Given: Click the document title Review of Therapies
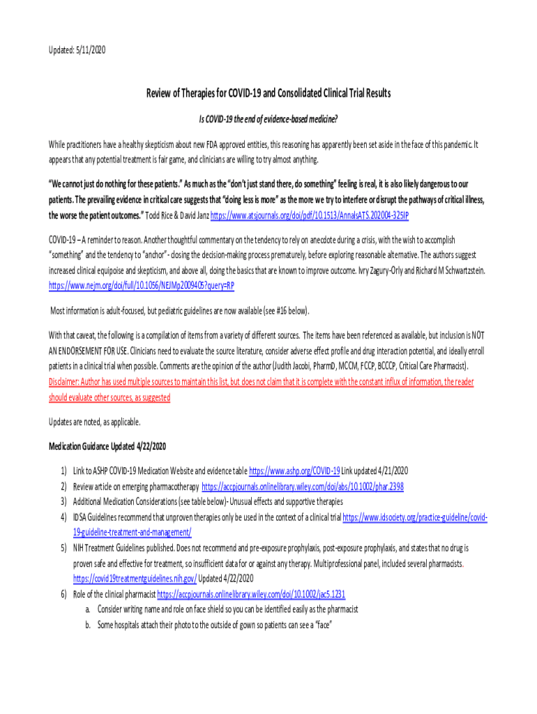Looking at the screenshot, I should (x=268, y=93).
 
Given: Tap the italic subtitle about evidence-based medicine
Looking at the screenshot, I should (x=268, y=119).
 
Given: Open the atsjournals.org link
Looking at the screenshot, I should (x=310, y=215).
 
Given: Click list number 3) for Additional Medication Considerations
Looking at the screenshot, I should (x=63, y=502).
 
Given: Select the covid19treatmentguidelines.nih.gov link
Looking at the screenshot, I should (x=135, y=579).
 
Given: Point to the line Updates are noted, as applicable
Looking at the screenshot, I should (x=94, y=422).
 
